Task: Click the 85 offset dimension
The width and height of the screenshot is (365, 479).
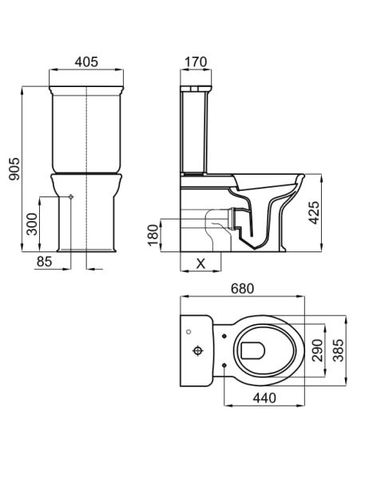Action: coord(45,260)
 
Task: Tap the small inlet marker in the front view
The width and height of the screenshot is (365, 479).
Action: coord(71,196)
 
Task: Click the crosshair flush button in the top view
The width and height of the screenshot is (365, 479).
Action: coord(196,350)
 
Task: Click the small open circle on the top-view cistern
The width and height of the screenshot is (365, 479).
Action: coord(188,329)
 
